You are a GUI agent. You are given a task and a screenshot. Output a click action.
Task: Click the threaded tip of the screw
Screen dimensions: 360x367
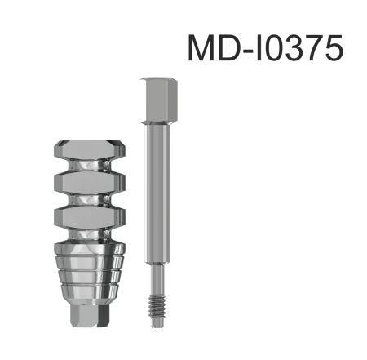tap(158, 307)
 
